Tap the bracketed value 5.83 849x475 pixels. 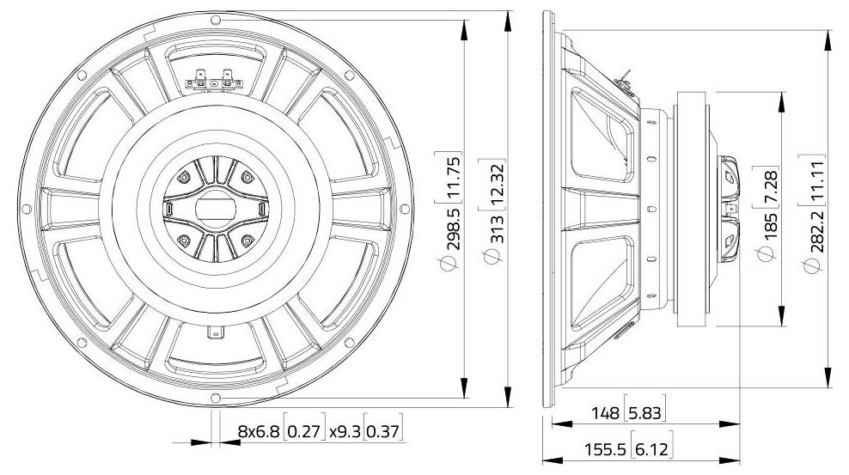[x=644, y=413]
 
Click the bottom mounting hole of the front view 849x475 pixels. [x=215, y=398]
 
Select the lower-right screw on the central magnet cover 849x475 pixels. [x=247, y=240]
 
